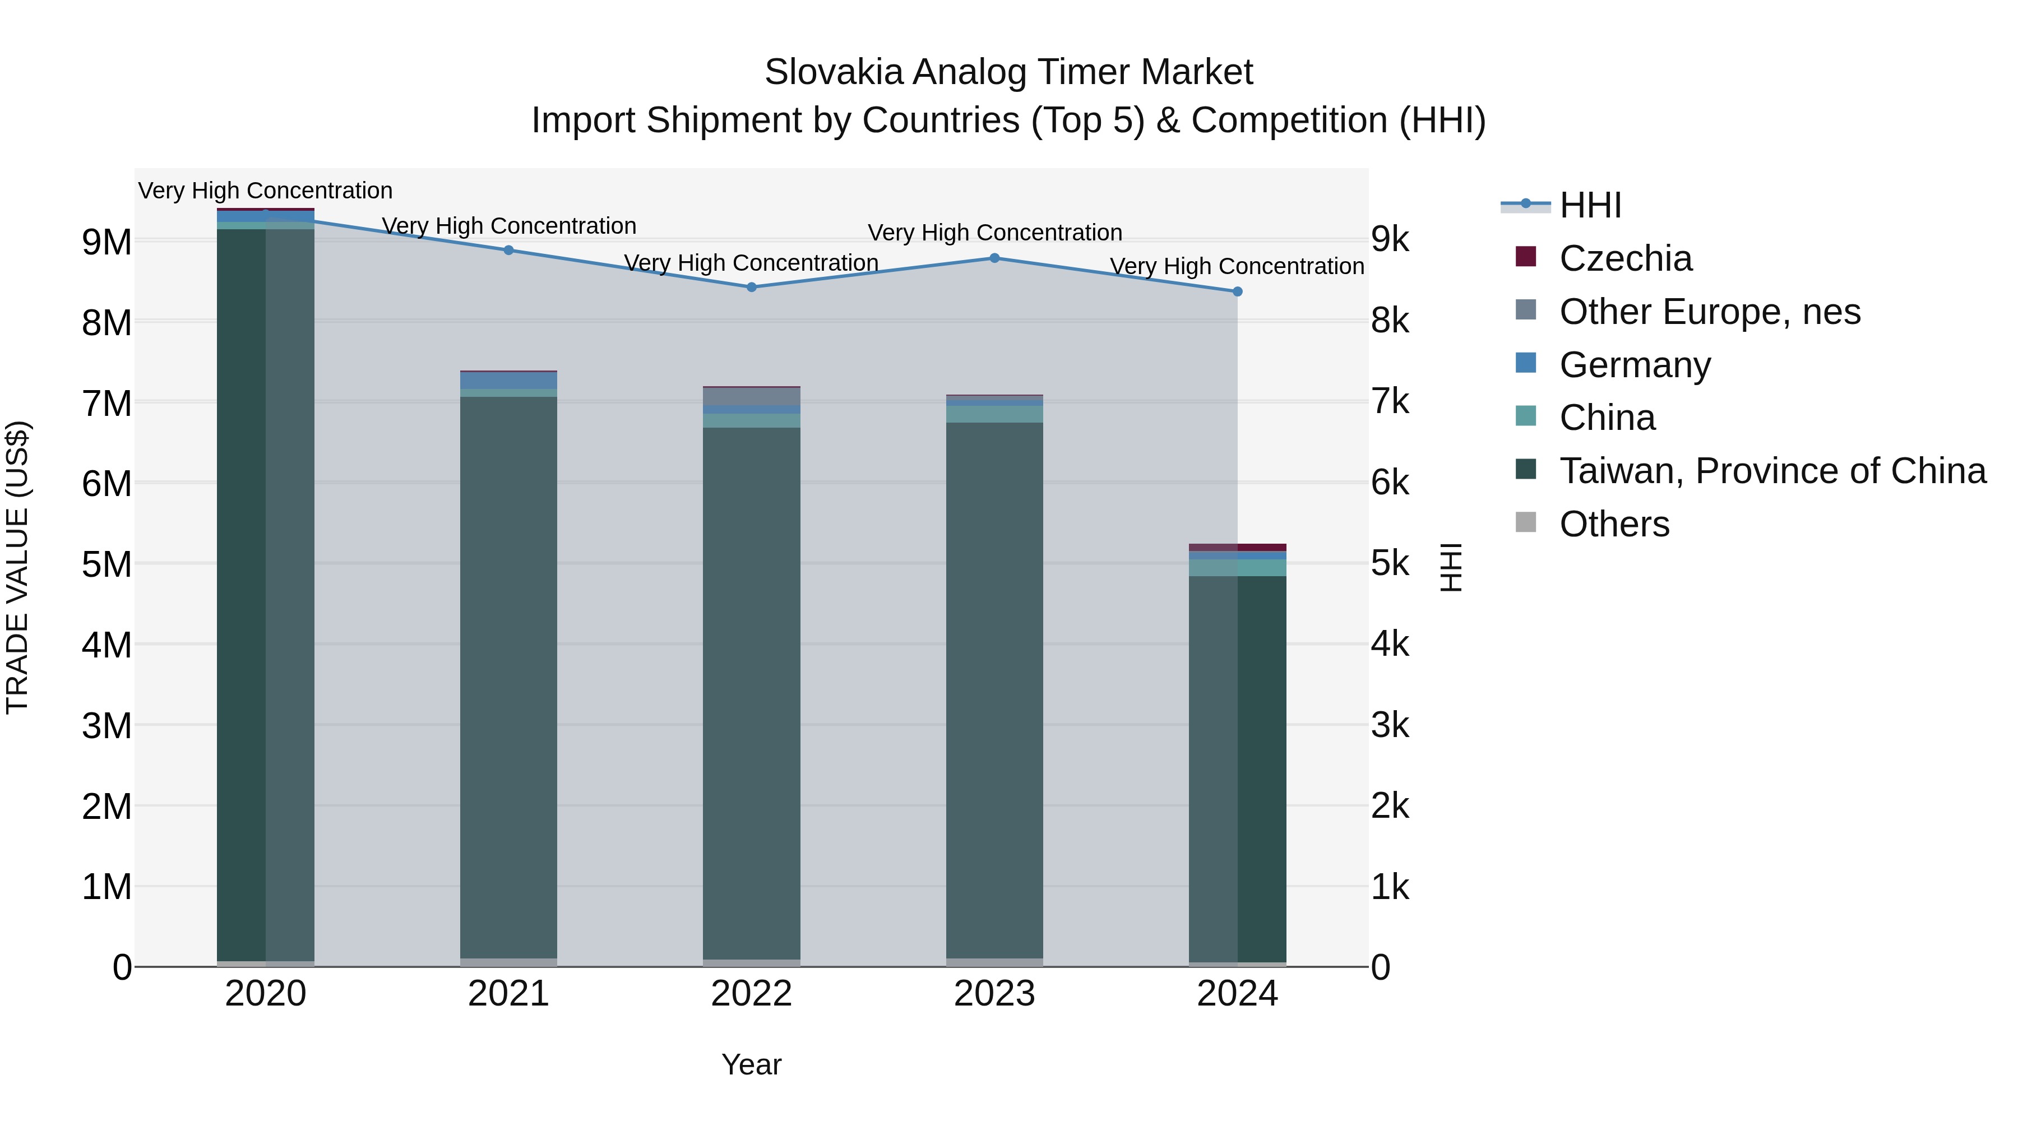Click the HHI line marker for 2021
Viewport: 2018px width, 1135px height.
508,250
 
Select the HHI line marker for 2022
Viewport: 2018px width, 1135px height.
751,286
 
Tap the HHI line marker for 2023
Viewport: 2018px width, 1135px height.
994,258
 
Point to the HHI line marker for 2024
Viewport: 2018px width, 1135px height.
1237,291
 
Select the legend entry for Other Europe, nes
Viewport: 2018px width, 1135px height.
1709,312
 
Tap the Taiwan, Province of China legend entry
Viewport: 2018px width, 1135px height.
1771,471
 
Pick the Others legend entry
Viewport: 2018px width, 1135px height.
1614,524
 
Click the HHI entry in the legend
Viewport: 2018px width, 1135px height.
1590,205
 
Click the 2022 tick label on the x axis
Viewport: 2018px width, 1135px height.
751,994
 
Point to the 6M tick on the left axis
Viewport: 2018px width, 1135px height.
107,483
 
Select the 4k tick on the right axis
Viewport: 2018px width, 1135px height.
1390,644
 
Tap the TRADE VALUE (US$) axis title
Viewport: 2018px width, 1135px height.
17,567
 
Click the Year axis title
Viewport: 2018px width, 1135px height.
751,1064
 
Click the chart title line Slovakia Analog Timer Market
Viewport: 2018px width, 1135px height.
1008,72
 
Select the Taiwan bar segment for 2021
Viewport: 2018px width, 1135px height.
508,674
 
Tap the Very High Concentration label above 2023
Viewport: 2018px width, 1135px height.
994,233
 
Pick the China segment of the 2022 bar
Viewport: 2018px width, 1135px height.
751,420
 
